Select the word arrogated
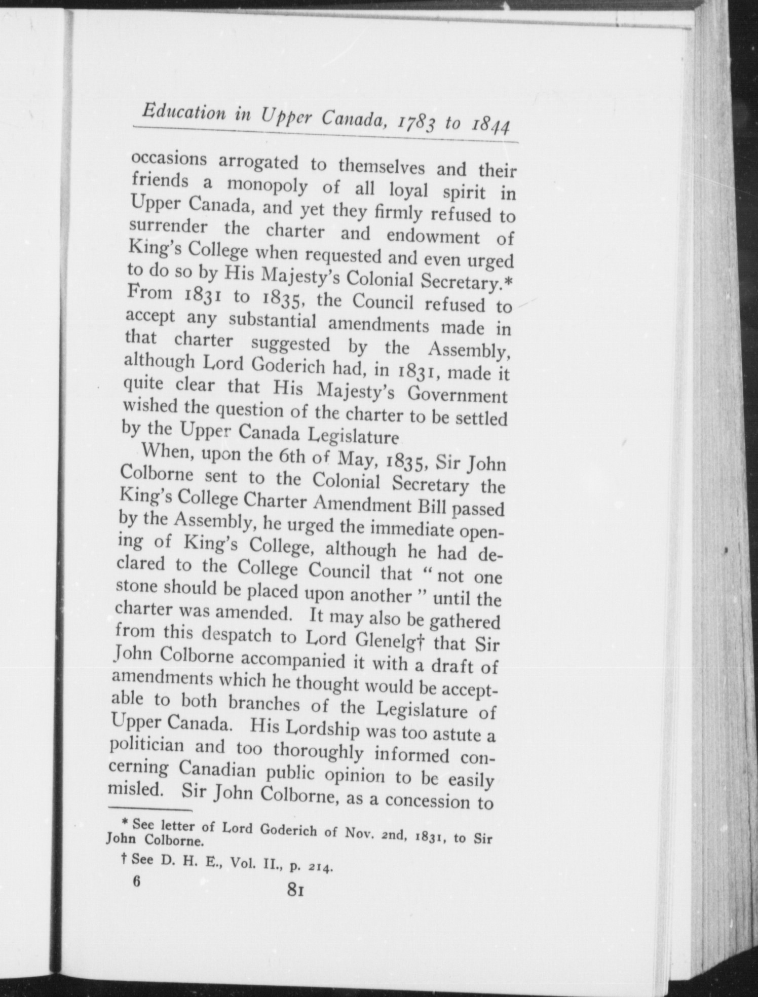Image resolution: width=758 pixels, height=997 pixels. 258,162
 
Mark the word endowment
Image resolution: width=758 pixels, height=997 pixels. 433,237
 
